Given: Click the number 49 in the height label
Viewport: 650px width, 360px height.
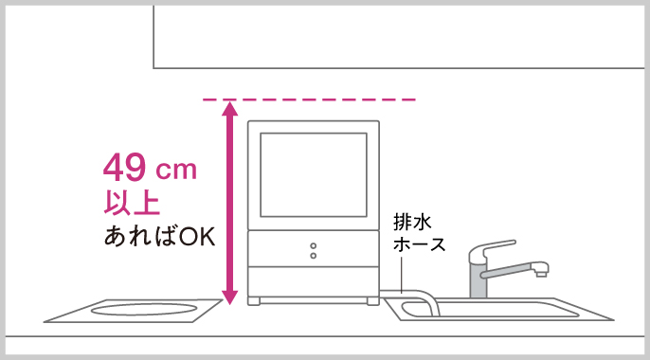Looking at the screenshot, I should pos(125,170).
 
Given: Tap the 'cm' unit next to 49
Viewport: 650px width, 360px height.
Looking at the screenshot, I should pos(175,171).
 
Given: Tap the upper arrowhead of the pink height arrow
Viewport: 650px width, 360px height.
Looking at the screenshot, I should pos(228,109).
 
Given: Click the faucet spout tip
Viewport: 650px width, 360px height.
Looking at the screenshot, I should pos(541,275).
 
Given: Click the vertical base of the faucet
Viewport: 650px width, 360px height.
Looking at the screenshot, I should pos(478,282).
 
